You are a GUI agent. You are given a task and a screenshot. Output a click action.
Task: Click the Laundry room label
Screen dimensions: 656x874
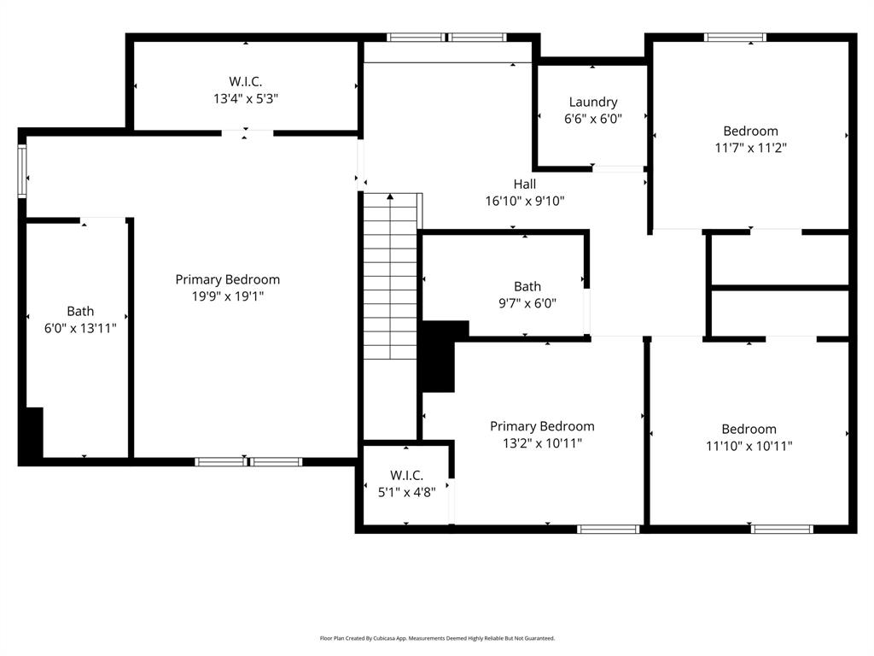pyautogui.click(x=592, y=102)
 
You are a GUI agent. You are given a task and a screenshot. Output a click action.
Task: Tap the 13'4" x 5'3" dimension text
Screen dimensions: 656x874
pyautogui.click(x=246, y=98)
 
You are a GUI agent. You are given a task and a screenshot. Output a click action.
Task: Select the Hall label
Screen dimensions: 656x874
pyautogui.click(x=525, y=184)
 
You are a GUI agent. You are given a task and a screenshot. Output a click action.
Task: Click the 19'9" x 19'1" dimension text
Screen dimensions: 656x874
pyautogui.click(x=227, y=296)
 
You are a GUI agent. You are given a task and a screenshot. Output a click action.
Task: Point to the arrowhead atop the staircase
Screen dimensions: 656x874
pyautogui.click(x=390, y=197)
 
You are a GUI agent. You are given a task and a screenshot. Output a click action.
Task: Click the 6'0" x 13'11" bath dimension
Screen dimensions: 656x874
pyautogui.click(x=80, y=327)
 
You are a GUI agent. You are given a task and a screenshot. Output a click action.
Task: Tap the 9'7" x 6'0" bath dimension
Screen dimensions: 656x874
pyautogui.click(x=527, y=302)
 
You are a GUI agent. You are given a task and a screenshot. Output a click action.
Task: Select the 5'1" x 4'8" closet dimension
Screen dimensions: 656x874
pyautogui.click(x=406, y=491)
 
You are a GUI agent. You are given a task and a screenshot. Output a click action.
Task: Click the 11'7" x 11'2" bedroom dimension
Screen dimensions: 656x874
pyautogui.click(x=750, y=147)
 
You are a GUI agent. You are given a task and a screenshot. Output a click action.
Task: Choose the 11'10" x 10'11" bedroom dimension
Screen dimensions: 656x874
pyautogui.click(x=749, y=445)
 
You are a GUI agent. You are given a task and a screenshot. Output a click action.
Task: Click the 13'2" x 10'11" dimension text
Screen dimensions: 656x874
pyautogui.click(x=542, y=442)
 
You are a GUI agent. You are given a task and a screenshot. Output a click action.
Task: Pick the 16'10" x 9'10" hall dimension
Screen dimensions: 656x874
pyautogui.click(x=525, y=201)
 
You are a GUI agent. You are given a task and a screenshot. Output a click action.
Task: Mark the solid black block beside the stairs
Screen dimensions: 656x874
pyautogui.click(x=441, y=357)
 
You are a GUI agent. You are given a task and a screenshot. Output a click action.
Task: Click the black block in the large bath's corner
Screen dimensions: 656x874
pyautogui.click(x=32, y=436)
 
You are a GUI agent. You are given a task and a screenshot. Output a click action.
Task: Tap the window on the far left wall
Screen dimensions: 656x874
pyautogui.click(x=22, y=171)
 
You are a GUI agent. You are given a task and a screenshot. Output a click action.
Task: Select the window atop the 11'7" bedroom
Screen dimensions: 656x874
pyautogui.click(x=735, y=37)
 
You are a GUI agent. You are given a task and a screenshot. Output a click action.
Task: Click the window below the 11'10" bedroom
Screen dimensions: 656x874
pyautogui.click(x=782, y=529)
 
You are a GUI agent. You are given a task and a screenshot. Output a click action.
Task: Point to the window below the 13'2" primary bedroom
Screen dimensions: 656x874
pyautogui.click(x=608, y=529)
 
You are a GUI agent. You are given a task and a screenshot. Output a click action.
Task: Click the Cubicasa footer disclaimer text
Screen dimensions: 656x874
pyautogui.click(x=437, y=638)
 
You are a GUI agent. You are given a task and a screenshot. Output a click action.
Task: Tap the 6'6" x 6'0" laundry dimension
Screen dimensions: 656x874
pyautogui.click(x=592, y=119)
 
